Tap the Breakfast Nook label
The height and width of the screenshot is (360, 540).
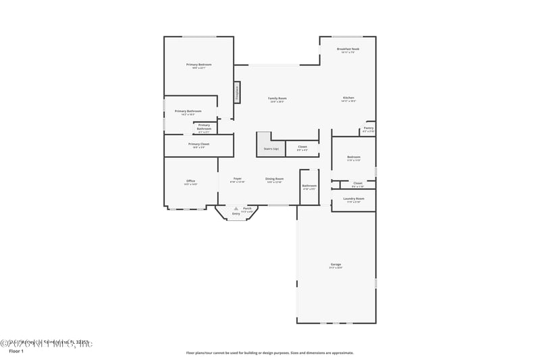[348, 49]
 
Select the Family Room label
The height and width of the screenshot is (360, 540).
[277, 99]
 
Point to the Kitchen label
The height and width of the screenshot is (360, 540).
[348, 98]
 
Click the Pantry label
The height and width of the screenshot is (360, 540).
[369, 128]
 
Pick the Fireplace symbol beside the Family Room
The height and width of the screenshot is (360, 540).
[237, 93]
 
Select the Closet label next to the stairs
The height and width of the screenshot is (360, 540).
[302, 147]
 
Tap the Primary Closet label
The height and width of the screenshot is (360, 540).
[199, 144]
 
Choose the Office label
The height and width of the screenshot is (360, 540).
[191, 181]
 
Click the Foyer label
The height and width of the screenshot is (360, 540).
[238, 179]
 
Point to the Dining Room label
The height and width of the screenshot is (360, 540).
[274, 179]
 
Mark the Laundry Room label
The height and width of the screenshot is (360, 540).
[354, 199]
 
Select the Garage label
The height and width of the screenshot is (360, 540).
[335, 264]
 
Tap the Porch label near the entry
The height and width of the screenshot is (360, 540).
[247, 209]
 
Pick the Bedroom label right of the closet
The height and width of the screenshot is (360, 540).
[354, 157]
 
